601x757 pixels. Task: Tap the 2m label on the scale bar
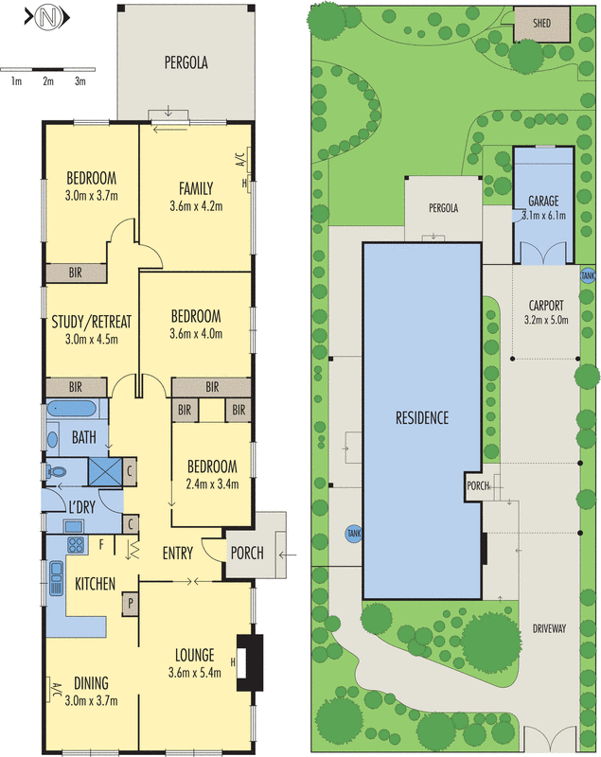tap(48, 82)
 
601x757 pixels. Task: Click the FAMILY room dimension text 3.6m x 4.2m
tap(196, 205)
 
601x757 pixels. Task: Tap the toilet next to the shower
tap(56, 469)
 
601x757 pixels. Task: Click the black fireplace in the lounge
tap(251, 658)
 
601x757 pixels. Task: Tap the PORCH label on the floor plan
tap(247, 554)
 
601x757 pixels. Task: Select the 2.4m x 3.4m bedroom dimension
tap(211, 484)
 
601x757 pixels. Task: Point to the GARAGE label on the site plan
tap(543, 201)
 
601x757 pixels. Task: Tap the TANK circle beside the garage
tap(589, 274)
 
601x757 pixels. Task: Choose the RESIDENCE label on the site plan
tap(422, 417)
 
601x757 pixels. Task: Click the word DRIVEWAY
tap(550, 627)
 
